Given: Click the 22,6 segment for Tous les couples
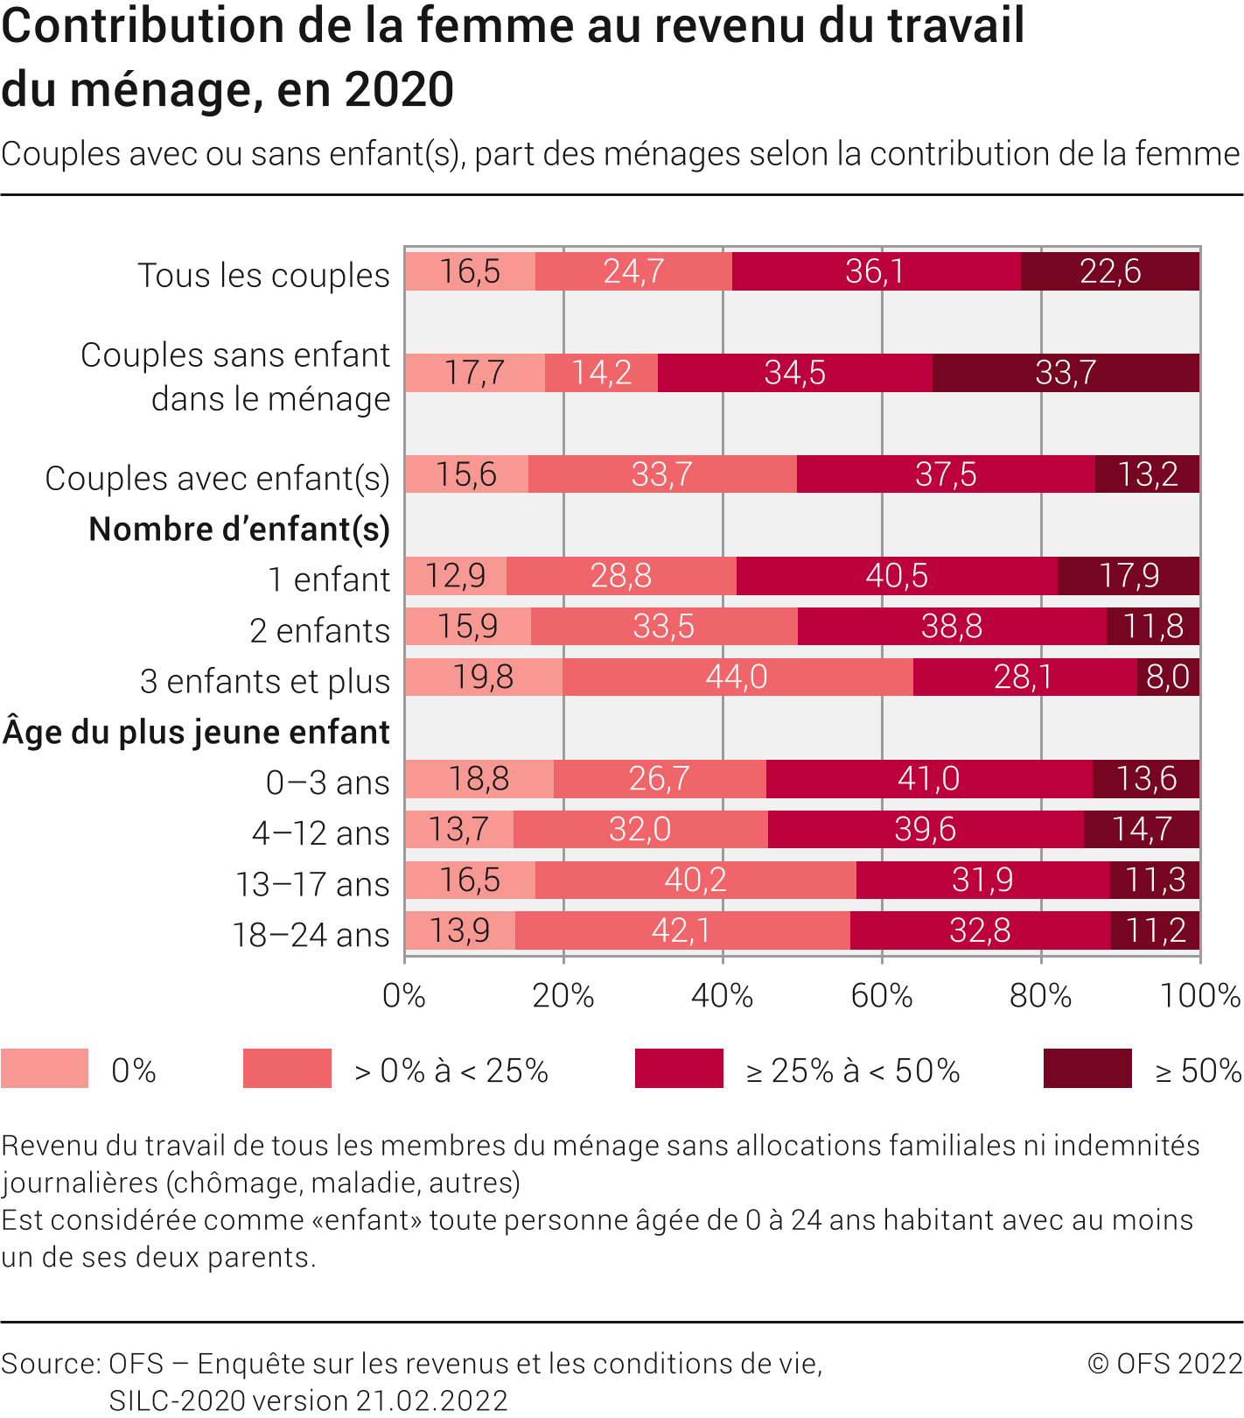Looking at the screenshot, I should pos(1109,271).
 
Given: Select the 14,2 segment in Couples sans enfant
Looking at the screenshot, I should pos(601,373).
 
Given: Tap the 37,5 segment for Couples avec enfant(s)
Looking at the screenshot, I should pos(946,474).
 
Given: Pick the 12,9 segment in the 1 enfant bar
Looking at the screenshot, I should pos(456,576).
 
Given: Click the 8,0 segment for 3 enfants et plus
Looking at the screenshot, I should pos(1168,677).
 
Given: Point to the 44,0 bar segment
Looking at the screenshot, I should pos(737,677).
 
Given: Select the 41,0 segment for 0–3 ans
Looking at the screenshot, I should pos(928,779).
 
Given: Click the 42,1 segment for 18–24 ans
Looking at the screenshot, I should pos(681,930).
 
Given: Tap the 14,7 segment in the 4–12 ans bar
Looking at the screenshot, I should pos(1142,829).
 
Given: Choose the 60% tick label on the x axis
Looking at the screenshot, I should pos(882,996).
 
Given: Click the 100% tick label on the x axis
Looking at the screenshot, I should pos(1199,996).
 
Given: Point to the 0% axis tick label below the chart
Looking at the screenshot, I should pos(404,996).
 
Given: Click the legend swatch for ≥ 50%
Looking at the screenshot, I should pos(1087,1069).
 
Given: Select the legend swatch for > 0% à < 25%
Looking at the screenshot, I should pos(287,1069).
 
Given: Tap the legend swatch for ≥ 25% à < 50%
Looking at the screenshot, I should pos(679,1069).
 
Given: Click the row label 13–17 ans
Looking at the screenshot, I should pos(312,884).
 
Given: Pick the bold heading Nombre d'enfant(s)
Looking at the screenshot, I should pos(239,530).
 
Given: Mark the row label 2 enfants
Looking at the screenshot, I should pos(319,630).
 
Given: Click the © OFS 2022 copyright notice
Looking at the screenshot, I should pos(1164,1364).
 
